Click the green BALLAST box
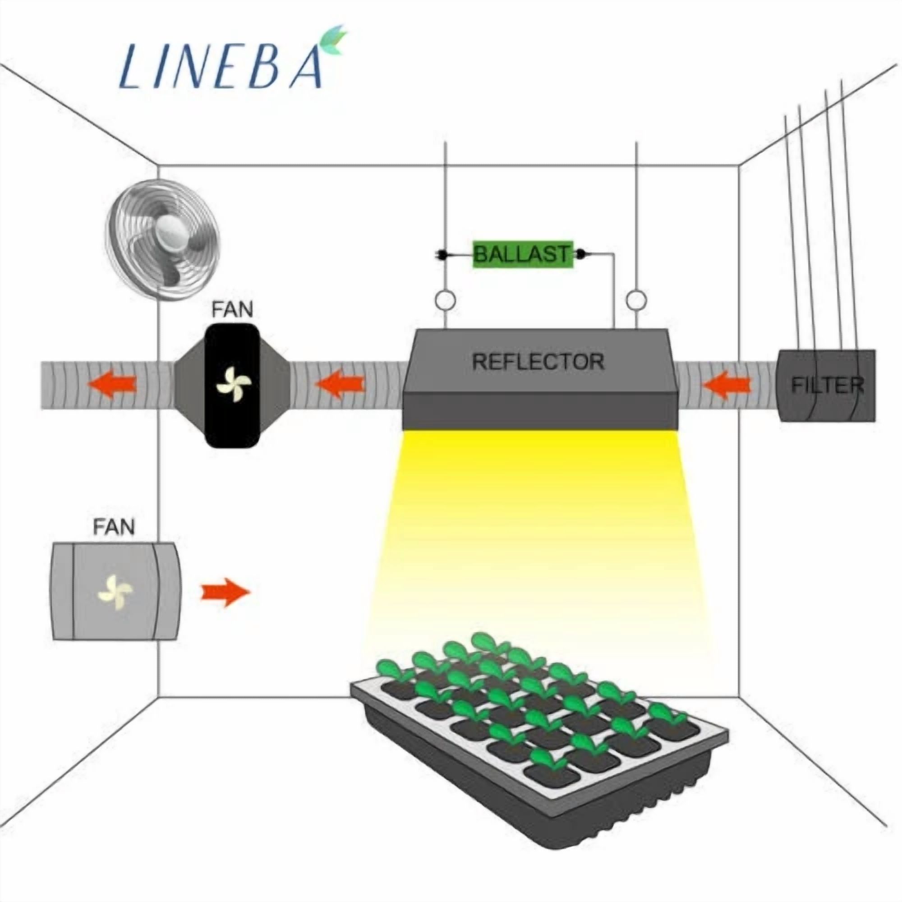tap(523, 255)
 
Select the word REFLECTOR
tap(538, 361)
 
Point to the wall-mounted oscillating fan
tap(162, 240)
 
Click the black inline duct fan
tap(232, 386)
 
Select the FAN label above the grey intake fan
tap(114, 527)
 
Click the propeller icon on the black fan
tap(234, 385)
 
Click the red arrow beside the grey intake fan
tap(225, 593)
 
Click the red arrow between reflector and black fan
tap(340, 385)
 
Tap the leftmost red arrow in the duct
tap(112, 385)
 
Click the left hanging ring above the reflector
tap(445, 300)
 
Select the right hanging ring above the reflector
tap(636, 300)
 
